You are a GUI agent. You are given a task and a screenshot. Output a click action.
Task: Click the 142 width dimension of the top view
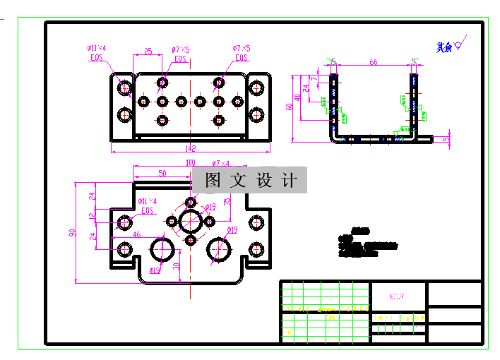(x=190, y=149)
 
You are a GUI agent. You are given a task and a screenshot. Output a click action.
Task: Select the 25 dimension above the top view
(x=148, y=51)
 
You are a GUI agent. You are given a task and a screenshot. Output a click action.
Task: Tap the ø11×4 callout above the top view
(x=96, y=48)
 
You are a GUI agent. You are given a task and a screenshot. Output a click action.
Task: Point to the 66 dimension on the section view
(x=373, y=62)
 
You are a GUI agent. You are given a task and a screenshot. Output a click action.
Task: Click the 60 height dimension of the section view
(x=289, y=107)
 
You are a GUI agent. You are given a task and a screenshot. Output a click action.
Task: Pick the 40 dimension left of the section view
(x=297, y=97)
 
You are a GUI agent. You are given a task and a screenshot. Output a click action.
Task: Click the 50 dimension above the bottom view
(x=162, y=173)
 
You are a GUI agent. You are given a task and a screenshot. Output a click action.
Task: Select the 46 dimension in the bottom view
(x=137, y=234)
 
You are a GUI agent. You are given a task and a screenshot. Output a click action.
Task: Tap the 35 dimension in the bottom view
(x=227, y=202)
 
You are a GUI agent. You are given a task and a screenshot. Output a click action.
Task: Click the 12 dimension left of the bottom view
(x=91, y=216)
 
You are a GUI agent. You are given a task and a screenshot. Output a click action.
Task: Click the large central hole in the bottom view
(x=190, y=221)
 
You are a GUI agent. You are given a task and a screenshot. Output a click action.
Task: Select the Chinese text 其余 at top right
(x=444, y=47)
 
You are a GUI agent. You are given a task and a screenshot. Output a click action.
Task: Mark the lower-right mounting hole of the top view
(x=256, y=114)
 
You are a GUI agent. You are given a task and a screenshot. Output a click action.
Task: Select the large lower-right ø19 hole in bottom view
(x=220, y=248)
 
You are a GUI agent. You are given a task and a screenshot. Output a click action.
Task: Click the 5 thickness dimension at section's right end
(x=445, y=139)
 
